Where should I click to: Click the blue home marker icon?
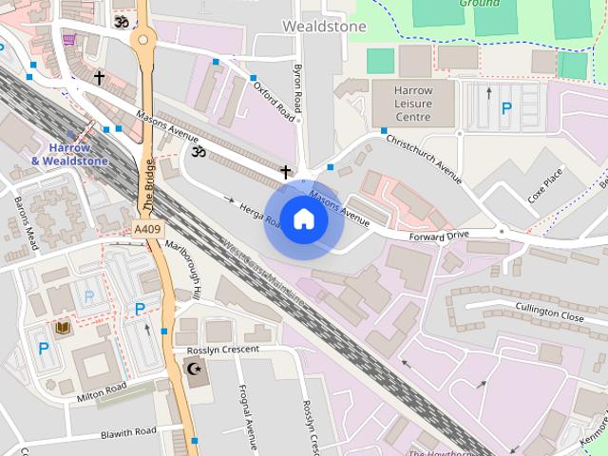(x=303, y=219)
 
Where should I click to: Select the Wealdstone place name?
(x=324, y=27)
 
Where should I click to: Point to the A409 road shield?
(x=147, y=230)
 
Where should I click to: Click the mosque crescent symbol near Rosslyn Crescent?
(x=197, y=368)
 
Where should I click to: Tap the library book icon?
(x=63, y=328)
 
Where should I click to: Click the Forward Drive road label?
(x=439, y=235)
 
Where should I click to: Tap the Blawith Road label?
(x=128, y=433)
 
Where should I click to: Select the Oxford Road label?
(x=274, y=100)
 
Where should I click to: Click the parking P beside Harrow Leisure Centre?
(x=506, y=109)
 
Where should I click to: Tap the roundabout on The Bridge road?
(x=144, y=40)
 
